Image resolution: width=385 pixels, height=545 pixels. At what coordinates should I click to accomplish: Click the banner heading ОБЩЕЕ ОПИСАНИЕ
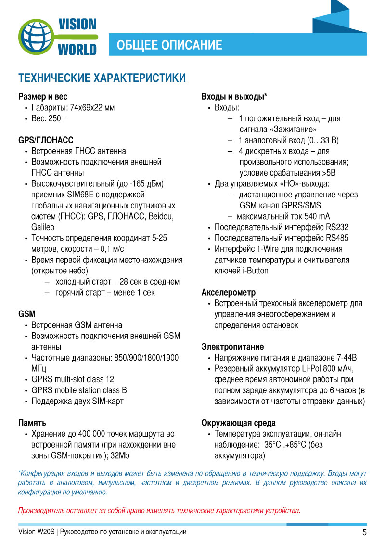[169, 45]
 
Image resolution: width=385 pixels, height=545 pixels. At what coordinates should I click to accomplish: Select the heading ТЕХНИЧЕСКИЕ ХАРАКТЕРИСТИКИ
[102, 78]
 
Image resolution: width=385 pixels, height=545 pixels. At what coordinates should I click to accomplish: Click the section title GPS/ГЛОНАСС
[46, 140]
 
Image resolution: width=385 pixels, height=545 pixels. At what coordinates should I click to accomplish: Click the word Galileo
[43, 227]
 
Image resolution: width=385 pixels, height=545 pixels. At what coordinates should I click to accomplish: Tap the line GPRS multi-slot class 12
[73, 379]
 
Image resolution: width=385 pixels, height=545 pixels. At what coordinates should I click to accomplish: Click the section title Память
[32, 423]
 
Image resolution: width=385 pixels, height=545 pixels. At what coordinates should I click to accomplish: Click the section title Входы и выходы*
[234, 97]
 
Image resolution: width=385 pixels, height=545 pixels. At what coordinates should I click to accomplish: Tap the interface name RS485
[337, 238]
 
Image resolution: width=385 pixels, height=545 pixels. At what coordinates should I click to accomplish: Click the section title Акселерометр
[229, 292]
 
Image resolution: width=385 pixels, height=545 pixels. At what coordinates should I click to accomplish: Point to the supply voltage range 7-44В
[344, 358]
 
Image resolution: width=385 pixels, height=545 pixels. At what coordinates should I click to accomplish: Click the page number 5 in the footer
[364, 532]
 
